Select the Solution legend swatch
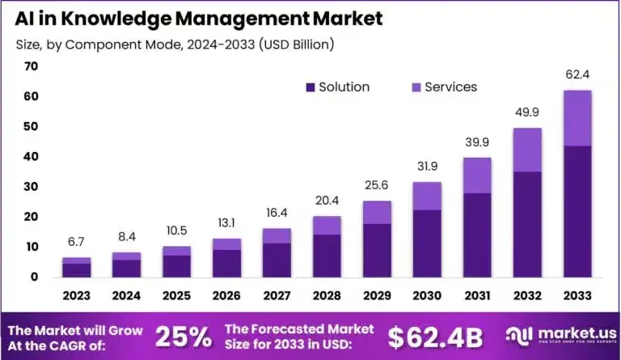310,87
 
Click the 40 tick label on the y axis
32,157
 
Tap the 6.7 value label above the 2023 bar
76,243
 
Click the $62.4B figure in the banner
437,337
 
